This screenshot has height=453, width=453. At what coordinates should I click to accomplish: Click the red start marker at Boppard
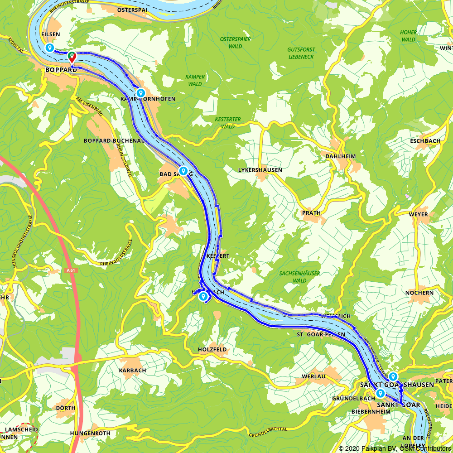click(72, 57)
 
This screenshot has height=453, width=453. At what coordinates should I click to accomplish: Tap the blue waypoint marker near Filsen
click(50, 48)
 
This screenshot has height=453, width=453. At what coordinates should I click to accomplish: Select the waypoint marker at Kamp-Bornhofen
click(141, 93)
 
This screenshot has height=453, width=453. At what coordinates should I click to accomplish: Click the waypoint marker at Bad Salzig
click(183, 171)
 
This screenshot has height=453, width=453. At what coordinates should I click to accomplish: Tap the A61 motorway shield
click(70, 270)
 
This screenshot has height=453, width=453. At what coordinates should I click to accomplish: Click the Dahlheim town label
click(341, 156)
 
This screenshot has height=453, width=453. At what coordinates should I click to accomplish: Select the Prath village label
click(311, 212)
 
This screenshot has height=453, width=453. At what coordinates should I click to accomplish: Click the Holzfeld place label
click(212, 350)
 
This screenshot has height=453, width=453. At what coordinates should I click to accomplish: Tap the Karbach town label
click(132, 370)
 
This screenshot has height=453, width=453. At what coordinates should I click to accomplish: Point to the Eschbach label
click(425, 141)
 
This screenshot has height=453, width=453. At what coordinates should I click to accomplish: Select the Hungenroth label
click(90, 433)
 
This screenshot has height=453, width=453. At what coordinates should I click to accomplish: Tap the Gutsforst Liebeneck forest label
click(301, 53)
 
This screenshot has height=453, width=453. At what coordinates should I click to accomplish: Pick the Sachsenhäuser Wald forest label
click(299, 277)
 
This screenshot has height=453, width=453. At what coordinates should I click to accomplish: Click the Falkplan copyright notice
click(395, 448)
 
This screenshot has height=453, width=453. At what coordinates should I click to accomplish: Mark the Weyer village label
click(418, 214)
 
